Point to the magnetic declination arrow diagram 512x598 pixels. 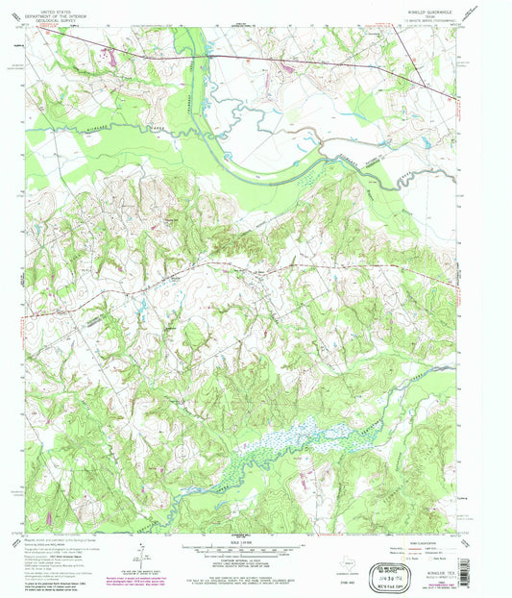140,551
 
